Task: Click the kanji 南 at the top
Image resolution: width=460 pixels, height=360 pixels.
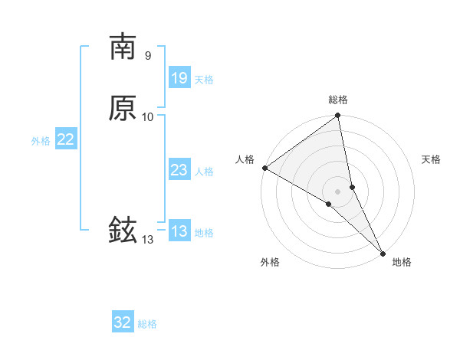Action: (x=123, y=47)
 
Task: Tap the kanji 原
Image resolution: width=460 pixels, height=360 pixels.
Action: (x=123, y=108)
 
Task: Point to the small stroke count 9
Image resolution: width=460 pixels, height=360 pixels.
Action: (x=147, y=55)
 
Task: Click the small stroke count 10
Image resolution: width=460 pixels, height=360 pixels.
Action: (x=148, y=116)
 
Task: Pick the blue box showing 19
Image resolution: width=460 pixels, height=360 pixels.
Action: (x=179, y=77)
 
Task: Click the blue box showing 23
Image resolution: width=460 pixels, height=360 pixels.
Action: (x=179, y=170)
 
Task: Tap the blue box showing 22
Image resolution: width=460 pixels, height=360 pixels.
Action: (x=66, y=139)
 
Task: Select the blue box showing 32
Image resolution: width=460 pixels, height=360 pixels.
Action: (x=123, y=322)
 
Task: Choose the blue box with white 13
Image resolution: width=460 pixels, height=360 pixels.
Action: (x=179, y=231)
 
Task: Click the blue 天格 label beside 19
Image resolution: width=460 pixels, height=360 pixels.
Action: (x=204, y=80)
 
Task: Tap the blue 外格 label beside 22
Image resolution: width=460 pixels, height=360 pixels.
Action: (x=41, y=141)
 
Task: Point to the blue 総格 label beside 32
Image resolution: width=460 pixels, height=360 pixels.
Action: (x=147, y=324)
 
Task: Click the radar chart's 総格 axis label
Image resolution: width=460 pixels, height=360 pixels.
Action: (x=338, y=100)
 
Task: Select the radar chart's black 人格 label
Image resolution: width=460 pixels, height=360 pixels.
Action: (x=245, y=159)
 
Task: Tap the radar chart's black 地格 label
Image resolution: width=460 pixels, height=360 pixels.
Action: (x=402, y=262)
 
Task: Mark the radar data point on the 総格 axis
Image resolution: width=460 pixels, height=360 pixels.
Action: (x=338, y=116)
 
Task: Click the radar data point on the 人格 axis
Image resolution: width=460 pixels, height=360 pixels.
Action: (x=264, y=168)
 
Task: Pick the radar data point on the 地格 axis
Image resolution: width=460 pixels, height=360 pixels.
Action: (x=383, y=252)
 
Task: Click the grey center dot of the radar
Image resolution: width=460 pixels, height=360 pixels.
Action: (x=338, y=191)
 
